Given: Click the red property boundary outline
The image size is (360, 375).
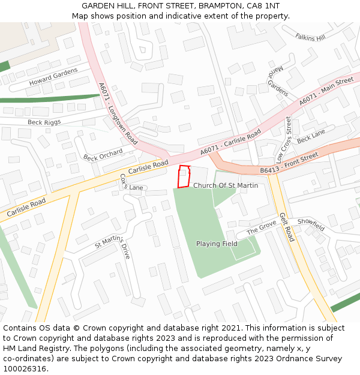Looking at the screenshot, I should click(185, 176).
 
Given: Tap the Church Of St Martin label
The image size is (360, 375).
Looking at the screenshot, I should click(226, 185).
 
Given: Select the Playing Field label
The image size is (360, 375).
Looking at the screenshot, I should click(217, 244).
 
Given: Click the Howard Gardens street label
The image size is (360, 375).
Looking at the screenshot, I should click(53, 77).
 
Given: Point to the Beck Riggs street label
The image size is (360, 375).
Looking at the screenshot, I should click(44, 122).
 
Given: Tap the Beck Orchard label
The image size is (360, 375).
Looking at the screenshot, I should click(103, 155).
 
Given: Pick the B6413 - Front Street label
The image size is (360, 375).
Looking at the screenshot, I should click(289, 164).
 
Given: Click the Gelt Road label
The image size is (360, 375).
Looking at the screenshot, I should click(286, 227).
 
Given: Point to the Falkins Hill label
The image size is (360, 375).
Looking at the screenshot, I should click(310, 37).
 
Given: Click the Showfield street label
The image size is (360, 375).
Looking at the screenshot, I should click(311, 224).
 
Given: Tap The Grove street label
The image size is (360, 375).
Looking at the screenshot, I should click(261, 228).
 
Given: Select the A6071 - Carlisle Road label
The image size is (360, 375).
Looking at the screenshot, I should click(231, 142).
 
